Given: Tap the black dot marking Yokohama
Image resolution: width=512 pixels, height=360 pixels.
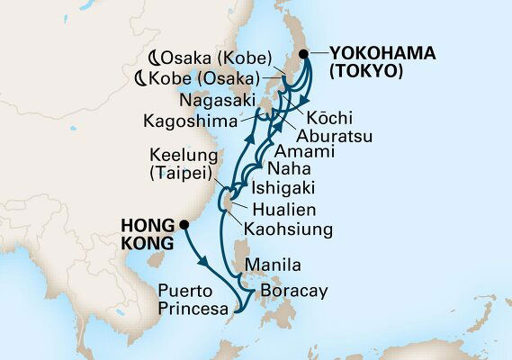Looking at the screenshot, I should click(x=305, y=55).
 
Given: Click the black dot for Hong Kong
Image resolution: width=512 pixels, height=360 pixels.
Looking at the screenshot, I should click(x=184, y=225).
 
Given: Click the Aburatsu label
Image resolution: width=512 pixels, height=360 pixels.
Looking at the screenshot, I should click(x=336, y=135).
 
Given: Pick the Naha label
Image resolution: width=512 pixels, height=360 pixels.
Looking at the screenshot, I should click(x=288, y=168).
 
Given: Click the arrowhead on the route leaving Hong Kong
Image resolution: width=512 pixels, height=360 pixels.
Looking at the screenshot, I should click(x=206, y=261).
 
